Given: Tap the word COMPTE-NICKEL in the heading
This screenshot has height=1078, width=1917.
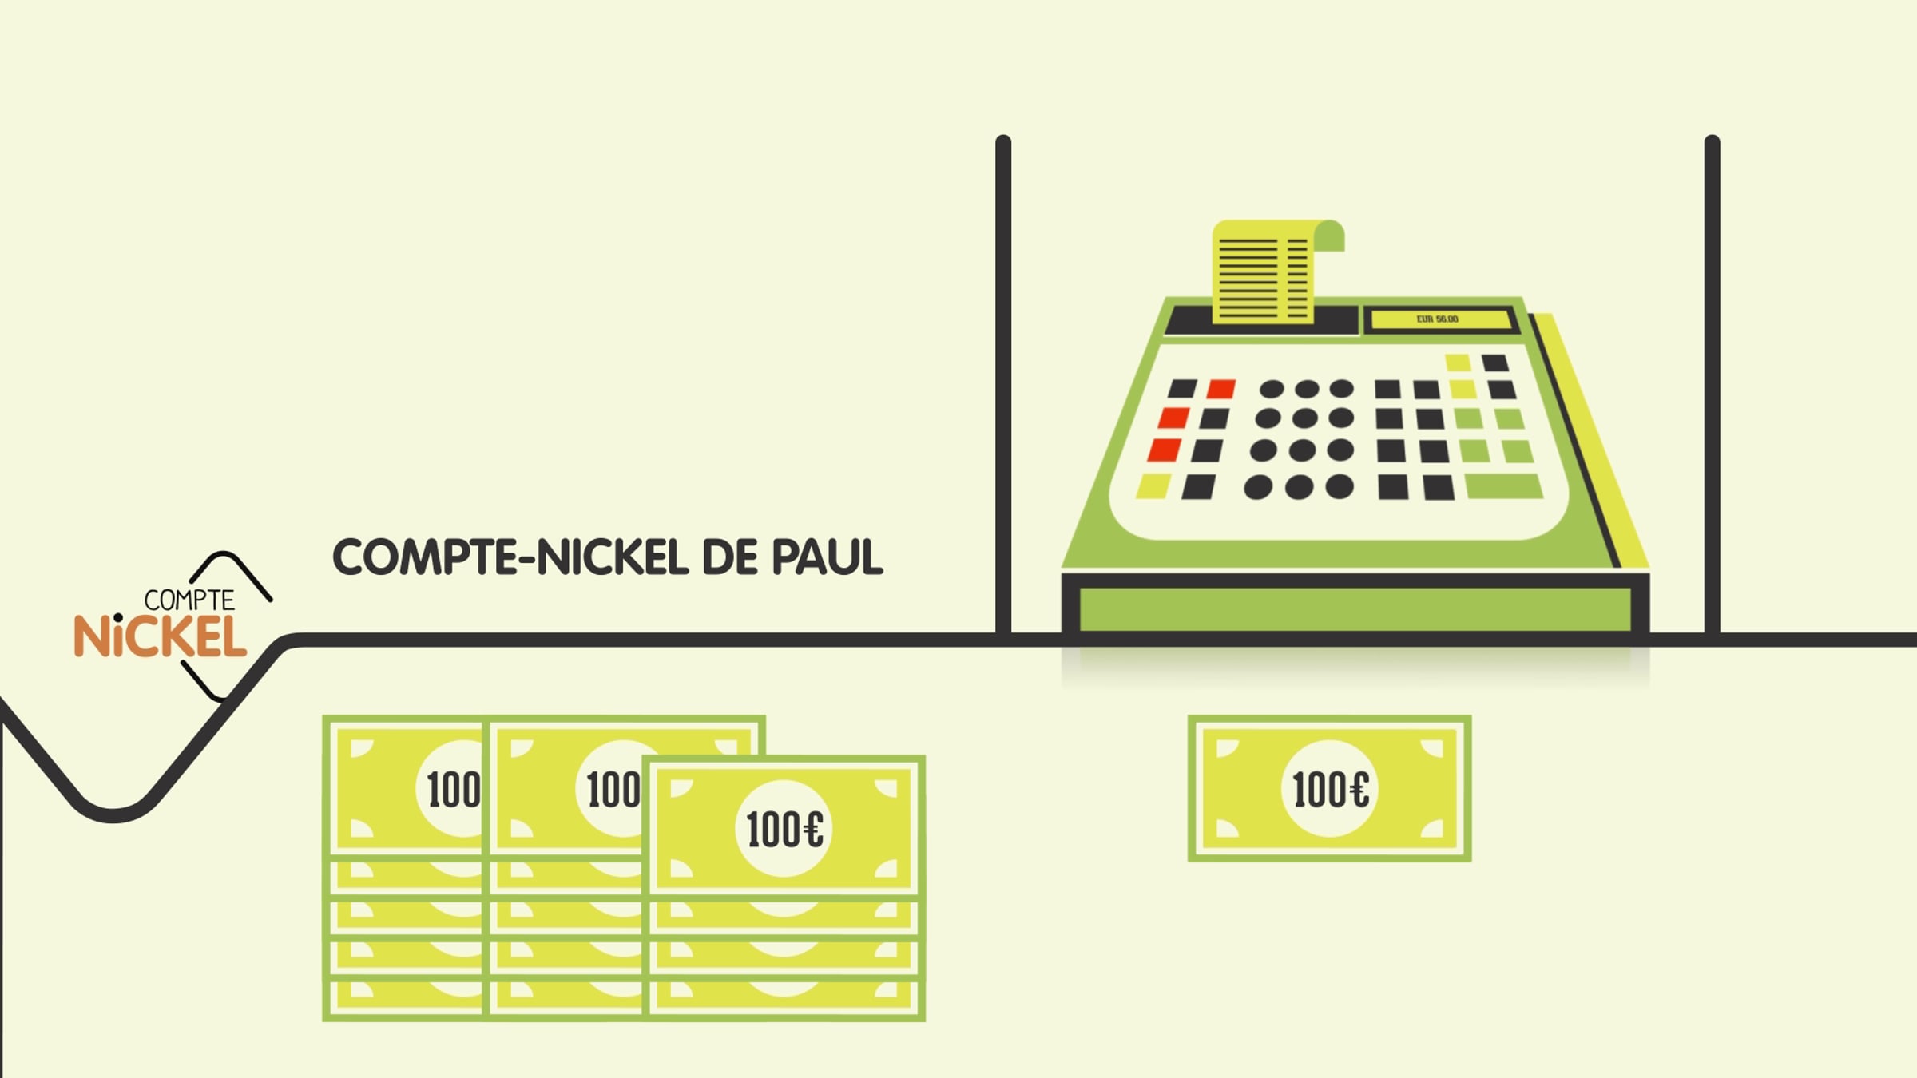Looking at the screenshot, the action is tap(510, 557).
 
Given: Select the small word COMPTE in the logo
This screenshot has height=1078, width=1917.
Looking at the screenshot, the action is tap(189, 600).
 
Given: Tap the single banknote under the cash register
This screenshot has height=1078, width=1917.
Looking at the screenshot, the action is tap(1329, 788).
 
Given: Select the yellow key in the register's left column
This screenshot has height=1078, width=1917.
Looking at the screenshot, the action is tap(1153, 485).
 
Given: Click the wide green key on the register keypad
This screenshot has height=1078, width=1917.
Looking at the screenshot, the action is tap(1504, 486).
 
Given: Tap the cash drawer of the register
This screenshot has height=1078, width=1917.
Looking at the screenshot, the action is tap(1355, 607).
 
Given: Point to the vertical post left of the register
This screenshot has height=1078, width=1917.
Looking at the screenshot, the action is tap(1003, 385).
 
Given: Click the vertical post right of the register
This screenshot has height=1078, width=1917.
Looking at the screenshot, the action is tap(1712, 385).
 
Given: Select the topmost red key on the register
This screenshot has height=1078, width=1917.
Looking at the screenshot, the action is tap(1221, 389).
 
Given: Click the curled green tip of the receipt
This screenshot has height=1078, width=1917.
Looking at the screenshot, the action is tap(1329, 236).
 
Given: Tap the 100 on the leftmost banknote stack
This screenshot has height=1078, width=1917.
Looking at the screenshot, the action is tap(454, 790).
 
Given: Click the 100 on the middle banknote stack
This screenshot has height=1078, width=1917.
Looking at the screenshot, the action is tap(613, 790).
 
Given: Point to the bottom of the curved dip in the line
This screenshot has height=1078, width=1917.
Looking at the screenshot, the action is tap(113, 814).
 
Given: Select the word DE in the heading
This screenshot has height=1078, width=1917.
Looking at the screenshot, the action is tap(728, 557).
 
